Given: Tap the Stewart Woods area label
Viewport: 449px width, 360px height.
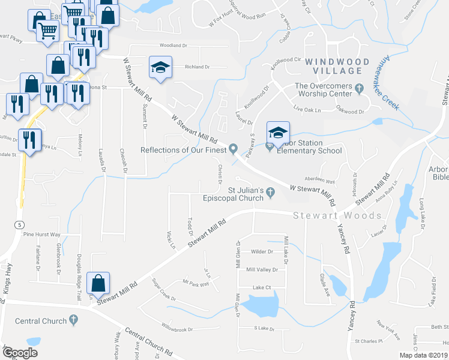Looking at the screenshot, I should click(x=337, y=216).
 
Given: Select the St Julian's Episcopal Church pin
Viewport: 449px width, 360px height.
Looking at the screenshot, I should click(x=271, y=192).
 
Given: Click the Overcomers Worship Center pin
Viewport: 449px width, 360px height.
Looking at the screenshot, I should click(x=359, y=88).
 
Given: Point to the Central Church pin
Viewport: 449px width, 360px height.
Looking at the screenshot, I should click(x=74, y=320).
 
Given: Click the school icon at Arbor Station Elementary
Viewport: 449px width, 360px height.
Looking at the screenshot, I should click(x=278, y=133).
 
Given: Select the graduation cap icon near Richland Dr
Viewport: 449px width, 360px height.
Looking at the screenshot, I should click(x=160, y=67).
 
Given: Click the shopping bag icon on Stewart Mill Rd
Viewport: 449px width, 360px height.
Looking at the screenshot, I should click(x=98, y=283).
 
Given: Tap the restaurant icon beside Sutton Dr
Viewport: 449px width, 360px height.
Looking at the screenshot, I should click(x=28, y=140).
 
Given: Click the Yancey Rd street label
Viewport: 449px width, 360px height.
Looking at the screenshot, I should click(x=346, y=237).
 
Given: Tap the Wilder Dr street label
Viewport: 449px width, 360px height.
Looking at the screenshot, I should click(x=262, y=252).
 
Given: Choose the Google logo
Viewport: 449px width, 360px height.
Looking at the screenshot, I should click(x=20, y=352).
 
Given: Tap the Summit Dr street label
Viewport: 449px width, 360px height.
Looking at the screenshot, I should click(x=145, y=115).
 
